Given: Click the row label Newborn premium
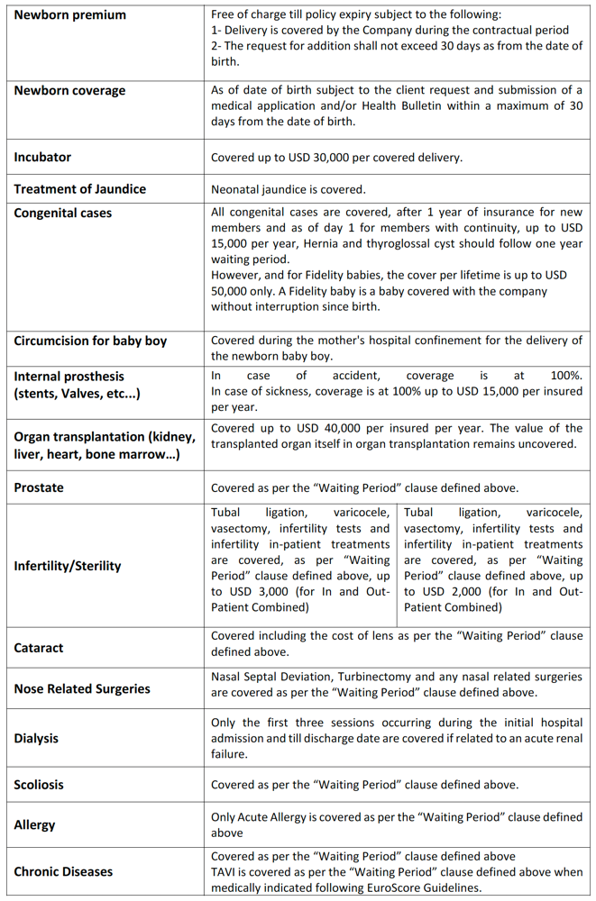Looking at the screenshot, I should pos(69,15).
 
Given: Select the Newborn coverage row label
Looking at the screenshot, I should pos(69,91).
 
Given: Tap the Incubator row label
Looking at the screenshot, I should pos(42,157).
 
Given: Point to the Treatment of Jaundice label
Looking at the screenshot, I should pos(79,189).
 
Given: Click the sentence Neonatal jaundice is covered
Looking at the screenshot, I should pos(288,189).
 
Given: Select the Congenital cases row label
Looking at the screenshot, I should pos(62,214).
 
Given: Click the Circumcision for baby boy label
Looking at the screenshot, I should pos(90,341).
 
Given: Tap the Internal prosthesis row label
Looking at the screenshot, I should pos(69,376).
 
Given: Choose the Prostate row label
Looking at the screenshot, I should pos(39,487).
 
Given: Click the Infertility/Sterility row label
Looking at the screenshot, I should pos(67,566).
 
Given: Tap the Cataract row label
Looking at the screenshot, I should pos(39,648).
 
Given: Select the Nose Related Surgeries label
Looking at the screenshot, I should pos(82,688).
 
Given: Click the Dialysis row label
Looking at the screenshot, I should pos(36,738).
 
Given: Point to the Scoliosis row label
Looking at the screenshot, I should pos(39,785).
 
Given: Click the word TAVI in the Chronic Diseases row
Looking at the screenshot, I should pos(224,872).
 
